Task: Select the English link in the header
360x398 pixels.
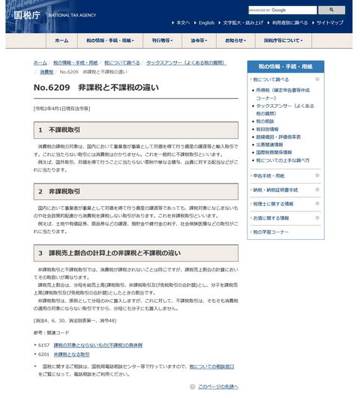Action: tap(206, 22)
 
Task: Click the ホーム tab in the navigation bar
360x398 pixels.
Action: tap(61, 40)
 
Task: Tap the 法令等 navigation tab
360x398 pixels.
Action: tap(199, 40)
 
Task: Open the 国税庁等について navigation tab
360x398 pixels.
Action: tap(284, 40)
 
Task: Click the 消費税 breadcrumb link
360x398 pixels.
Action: tap(46, 72)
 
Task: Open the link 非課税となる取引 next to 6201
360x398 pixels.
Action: tap(71, 354)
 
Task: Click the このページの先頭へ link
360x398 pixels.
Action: tap(217, 387)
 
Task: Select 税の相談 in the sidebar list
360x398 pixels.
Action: tap(265, 121)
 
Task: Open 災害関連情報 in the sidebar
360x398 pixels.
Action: tap(271, 145)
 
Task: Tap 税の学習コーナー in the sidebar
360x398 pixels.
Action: tap(271, 232)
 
